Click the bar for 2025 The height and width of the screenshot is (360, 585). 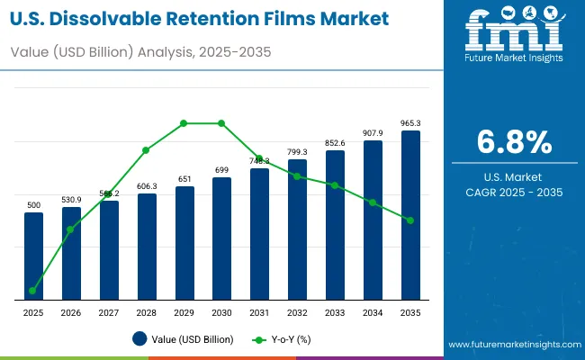point(33,256)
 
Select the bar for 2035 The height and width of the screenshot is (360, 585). point(410,216)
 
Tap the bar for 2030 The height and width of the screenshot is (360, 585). point(221,238)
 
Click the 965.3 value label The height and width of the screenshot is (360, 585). point(410,122)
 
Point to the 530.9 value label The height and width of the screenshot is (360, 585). point(71,199)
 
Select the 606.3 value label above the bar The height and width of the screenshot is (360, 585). point(147,185)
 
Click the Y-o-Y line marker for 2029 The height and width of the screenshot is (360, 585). point(184,122)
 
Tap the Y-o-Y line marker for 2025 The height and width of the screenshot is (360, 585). point(33,291)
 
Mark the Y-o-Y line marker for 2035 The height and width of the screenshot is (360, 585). point(410,220)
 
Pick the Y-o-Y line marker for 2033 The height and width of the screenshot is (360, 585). point(335,185)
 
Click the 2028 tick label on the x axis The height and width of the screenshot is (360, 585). point(147,311)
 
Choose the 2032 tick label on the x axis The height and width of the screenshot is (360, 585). point(297,311)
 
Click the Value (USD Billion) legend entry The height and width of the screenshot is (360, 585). point(184,339)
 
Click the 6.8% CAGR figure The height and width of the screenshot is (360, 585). point(514,143)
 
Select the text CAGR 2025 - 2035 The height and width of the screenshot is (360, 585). point(514,192)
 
